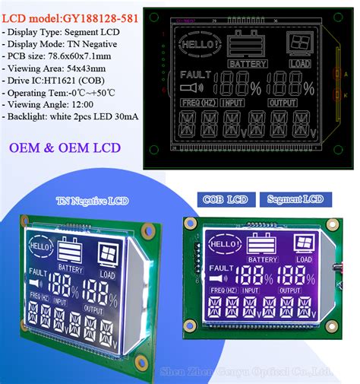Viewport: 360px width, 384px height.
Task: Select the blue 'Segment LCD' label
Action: (x=295, y=198)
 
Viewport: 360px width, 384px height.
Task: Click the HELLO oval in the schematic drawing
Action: (x=197, y=44)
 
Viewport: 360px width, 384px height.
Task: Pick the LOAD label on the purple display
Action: (x=305, y=260)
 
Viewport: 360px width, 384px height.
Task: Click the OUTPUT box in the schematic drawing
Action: (x=283, y=103)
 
